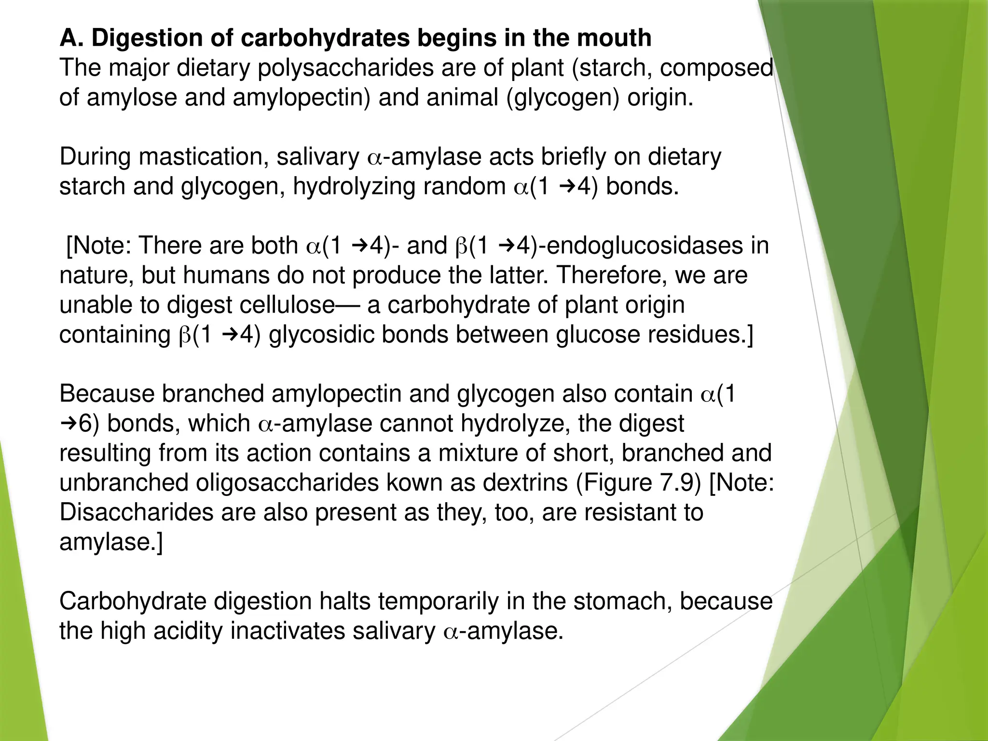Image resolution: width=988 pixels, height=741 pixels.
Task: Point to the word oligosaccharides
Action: pyautogui.click(x=287, y=483)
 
